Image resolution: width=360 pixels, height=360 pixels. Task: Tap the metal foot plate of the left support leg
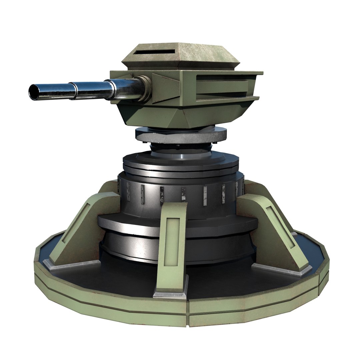click(72, 265)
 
